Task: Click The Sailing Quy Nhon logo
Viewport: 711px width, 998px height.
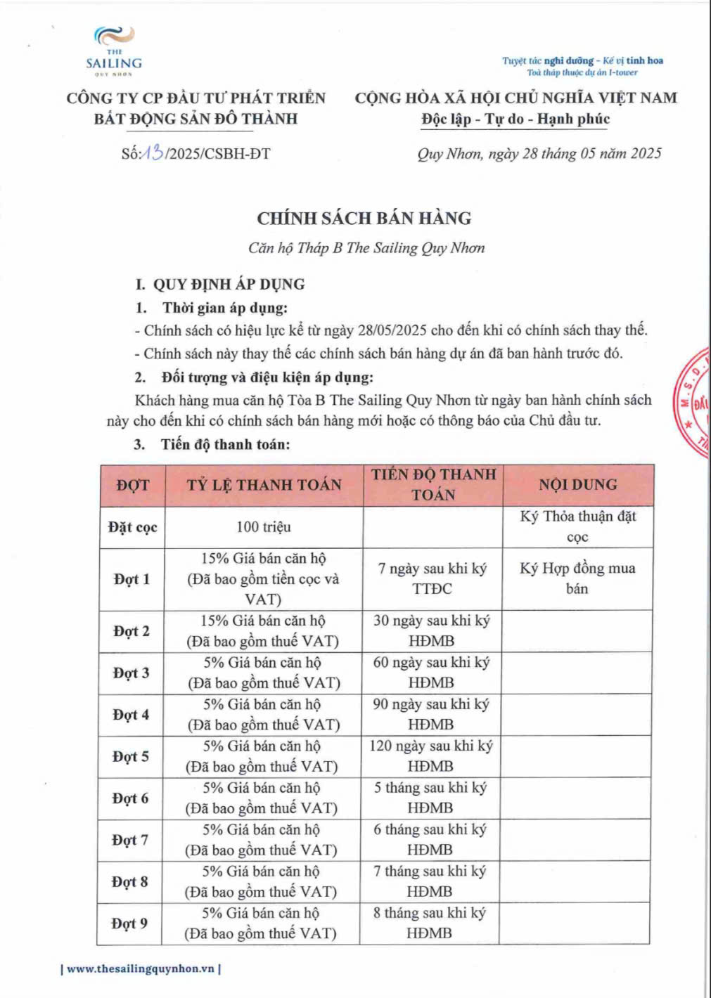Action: (114, 50)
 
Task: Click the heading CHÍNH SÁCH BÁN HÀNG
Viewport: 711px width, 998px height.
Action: (364, 218)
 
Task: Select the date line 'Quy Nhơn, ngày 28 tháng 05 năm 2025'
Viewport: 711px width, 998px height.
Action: (539, 153)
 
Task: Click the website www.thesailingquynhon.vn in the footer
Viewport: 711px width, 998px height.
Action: (141, 968)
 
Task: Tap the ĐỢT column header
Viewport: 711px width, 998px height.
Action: (132, 485)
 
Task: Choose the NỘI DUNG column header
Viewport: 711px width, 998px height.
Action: (577, 485)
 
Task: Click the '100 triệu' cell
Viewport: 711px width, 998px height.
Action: (264, 527)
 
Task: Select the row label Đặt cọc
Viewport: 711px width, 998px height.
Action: (132, 527)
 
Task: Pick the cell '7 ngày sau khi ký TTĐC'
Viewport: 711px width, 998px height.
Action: (432, 578)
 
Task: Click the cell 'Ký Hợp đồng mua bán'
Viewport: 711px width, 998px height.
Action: (577, 578)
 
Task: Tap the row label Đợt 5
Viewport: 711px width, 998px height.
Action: (131, 756)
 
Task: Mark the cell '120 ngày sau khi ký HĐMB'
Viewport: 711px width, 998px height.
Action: (430, 756)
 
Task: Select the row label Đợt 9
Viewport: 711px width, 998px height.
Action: (130, 924)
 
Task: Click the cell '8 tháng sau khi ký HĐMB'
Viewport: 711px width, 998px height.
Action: (429, 924)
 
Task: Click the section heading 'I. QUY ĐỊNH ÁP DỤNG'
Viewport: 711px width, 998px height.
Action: (220, 285)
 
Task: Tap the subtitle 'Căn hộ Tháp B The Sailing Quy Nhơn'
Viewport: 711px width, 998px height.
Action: (366, 248)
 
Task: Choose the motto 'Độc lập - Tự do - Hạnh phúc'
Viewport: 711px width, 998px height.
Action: (515, 119)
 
